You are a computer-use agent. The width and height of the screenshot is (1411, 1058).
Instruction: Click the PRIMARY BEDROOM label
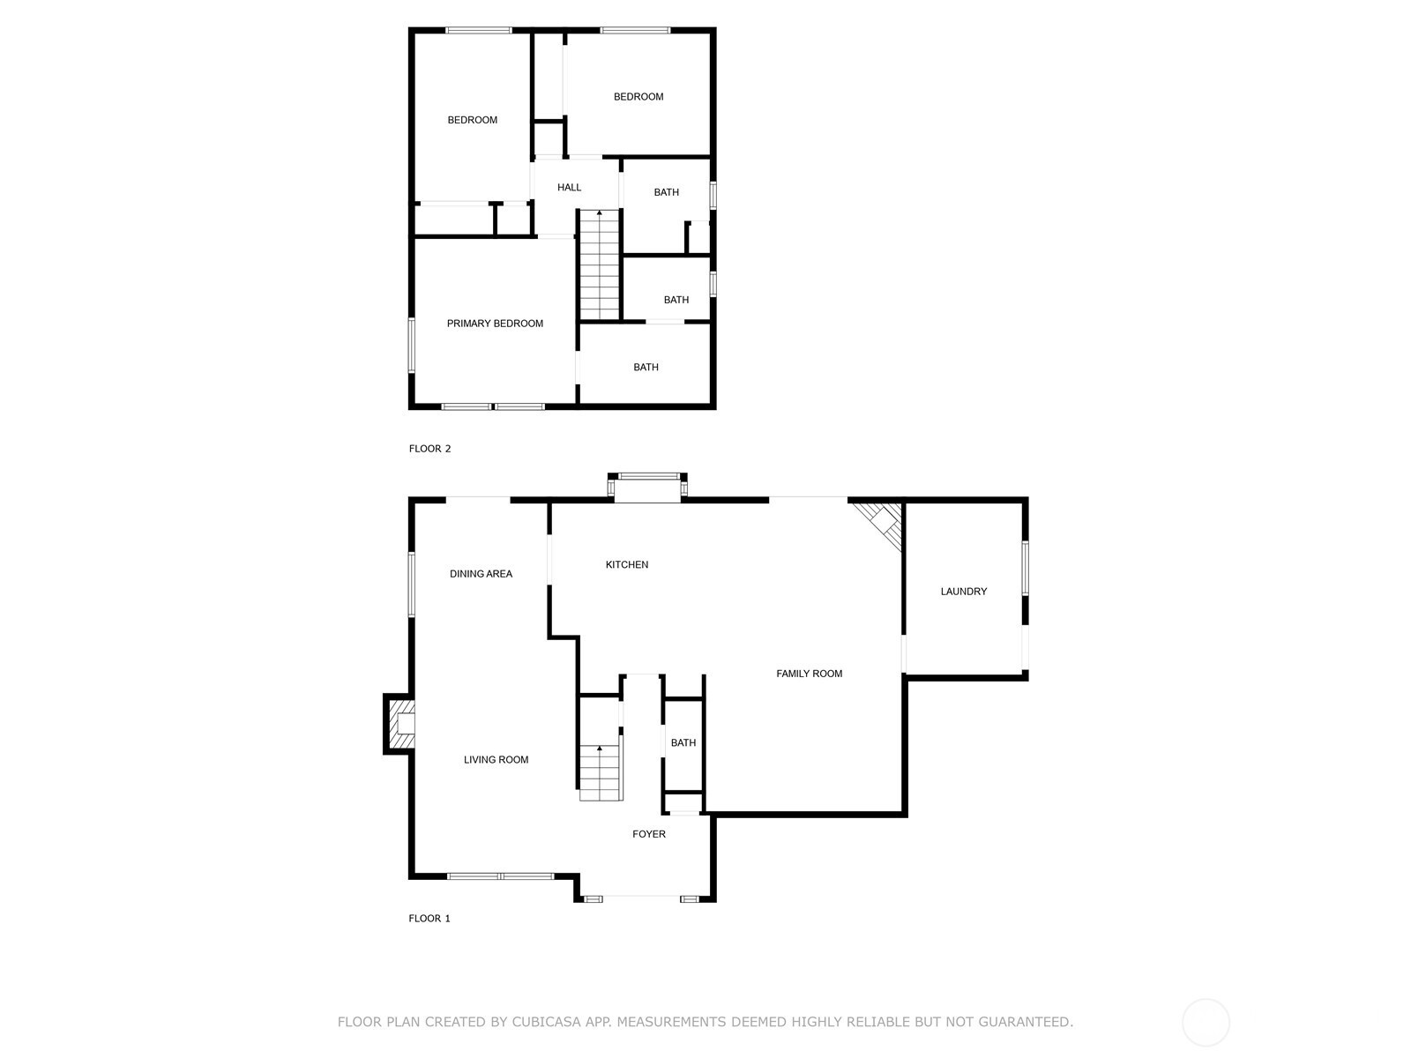point(495,323)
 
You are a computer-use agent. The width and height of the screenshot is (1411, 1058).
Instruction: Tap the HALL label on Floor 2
point(569,188)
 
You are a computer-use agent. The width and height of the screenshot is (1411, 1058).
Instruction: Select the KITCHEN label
point(627,564)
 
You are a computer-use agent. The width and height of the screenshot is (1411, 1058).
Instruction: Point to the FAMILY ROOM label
point(809,674)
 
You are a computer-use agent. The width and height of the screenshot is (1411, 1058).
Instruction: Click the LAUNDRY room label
point(964,591)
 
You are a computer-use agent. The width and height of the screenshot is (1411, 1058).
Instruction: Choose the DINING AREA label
point(481,574)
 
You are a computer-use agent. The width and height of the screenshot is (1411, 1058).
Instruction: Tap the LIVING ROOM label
point(496,759)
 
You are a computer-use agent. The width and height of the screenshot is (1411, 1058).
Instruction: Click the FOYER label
point(648,834)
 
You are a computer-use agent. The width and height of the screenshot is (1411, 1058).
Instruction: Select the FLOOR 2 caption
point(429,449)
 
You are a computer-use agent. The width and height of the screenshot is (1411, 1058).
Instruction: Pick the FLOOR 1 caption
point(429,918)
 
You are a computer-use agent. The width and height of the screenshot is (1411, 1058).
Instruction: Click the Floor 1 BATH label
point(683,742)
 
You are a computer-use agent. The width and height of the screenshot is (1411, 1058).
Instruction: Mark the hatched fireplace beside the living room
point(399,724)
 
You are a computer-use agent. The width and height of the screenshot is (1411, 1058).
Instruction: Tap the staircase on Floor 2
point(600,264)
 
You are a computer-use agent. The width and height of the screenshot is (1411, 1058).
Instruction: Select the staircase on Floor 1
point(601,773)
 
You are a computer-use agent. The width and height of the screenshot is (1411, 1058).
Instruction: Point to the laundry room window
point(1026,568)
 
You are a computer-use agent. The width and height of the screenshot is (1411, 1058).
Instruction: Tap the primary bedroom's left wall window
point(412,345)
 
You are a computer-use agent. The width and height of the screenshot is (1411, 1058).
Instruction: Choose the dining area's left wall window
point(412,585)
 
